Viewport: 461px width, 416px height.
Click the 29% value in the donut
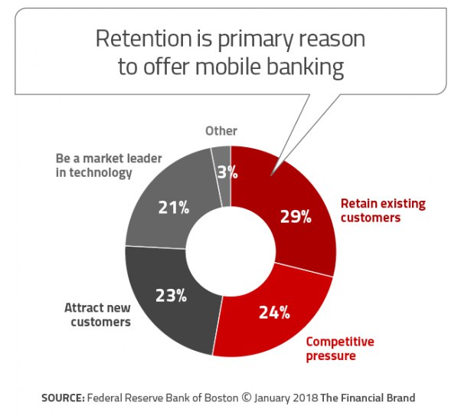coord(296,217)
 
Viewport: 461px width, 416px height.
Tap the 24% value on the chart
coord(275,313)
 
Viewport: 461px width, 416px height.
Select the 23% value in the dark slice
coord(171,296)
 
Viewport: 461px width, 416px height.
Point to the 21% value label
coord(174,208)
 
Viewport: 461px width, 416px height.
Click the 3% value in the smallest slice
coord(227,172)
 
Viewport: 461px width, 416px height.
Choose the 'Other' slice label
coord(221,131)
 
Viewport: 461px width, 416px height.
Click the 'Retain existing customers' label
coord(383,211)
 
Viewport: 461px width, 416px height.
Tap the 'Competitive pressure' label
coord(340,349)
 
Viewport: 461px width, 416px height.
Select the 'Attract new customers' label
coord(97,315)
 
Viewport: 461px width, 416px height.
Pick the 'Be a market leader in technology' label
coord(109,165)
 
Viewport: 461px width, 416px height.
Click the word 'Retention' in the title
coord(144,38)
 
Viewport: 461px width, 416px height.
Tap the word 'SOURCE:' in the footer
coord(64,398)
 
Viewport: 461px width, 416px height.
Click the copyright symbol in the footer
coord(247,398)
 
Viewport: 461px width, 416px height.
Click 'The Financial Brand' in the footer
coord(368,398)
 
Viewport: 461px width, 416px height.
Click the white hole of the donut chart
coord(230,251)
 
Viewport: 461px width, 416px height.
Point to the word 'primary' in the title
coord(255,41)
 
